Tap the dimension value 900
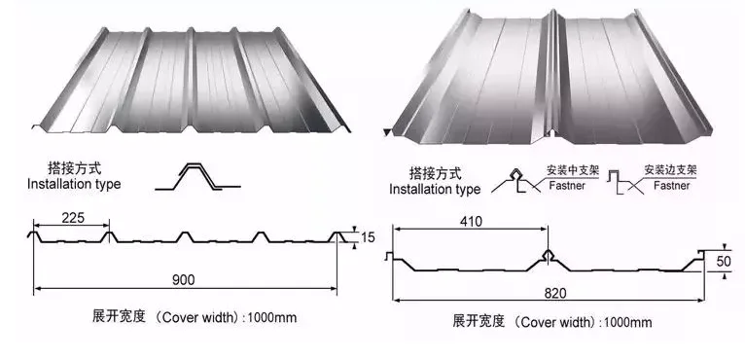(x=185, y=279)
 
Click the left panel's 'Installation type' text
(x=74, y=184)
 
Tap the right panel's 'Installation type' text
(x=435, y=189)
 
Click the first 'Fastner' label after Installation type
(x=567, y=184)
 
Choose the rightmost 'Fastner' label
(x=674, y=184)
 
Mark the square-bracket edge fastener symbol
(x=620, y=178)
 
